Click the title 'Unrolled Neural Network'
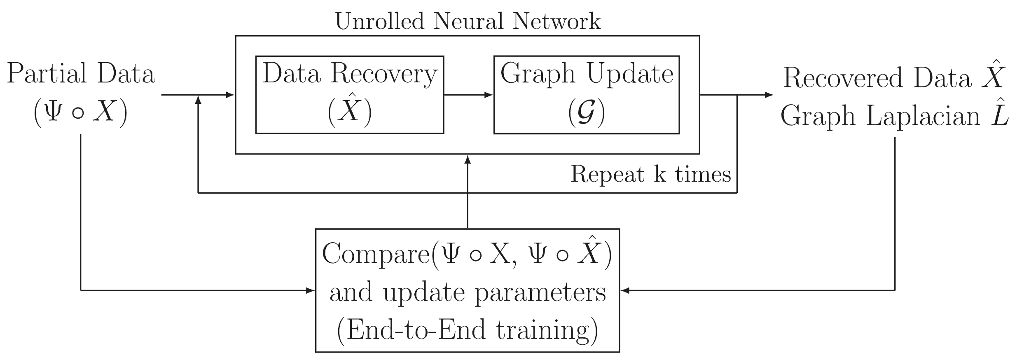click(x=468, y=21)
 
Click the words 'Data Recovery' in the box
click(x=349, y=75)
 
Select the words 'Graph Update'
click(x=587, y=75)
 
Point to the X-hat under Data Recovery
click(x=349, y=110)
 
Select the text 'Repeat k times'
click(x=650, y=174)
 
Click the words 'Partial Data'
click(x=81, y=75)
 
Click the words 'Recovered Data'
click(x=877, y=78)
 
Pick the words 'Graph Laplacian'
click(x=880, y=116)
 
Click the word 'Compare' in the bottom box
click(x=375, y=254)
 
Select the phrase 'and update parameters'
click(x=468, y=293)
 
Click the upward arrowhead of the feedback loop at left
click(x=199, y=101)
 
